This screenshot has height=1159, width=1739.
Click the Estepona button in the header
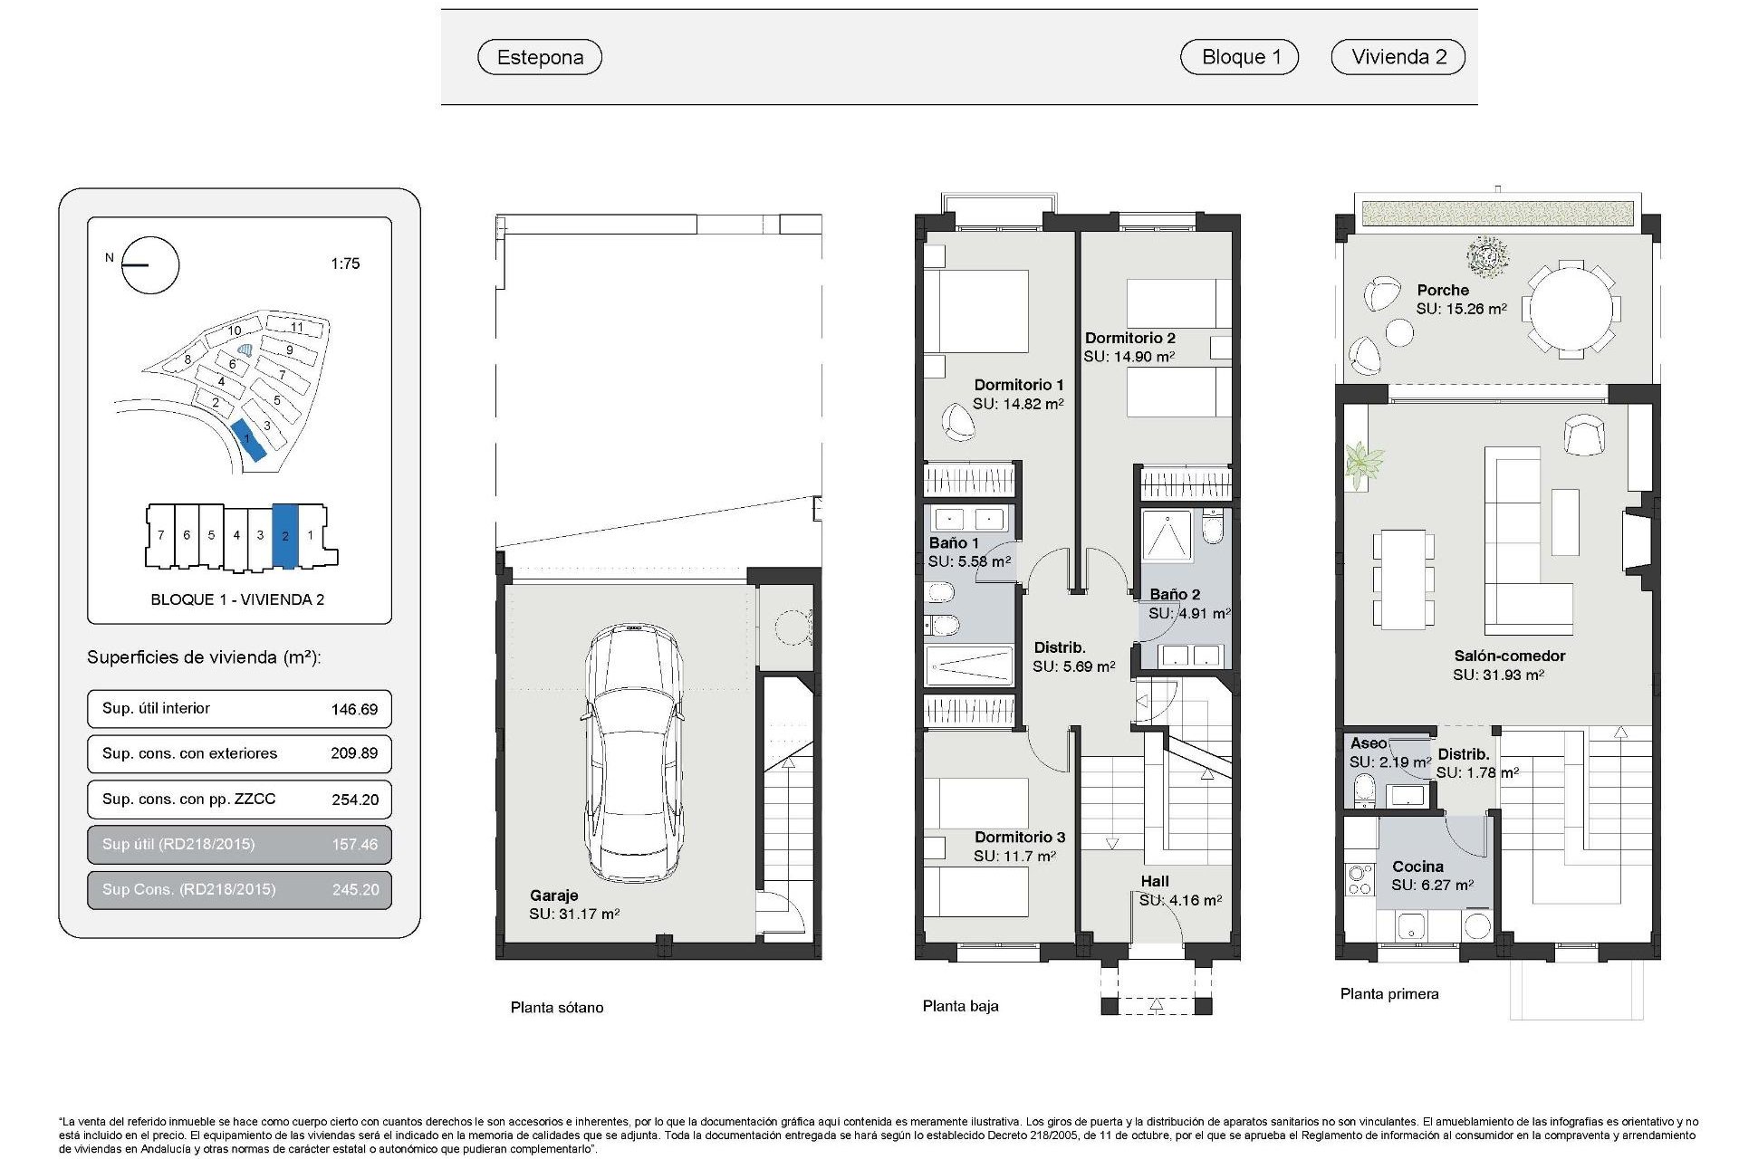[540, 57]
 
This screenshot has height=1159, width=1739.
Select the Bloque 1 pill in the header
[1239, 57]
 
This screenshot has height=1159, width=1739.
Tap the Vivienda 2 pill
[1398, 57]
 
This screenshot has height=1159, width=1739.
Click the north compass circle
[150, 265]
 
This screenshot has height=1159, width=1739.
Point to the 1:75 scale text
[345, 263]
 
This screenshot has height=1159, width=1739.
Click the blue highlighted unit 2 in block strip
[285, 535]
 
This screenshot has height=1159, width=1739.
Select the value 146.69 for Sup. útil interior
[354, 709]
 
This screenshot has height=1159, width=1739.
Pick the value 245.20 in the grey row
[355, 889]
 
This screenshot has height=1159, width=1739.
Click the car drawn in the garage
[633, 752]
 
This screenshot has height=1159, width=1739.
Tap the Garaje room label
[553, 896]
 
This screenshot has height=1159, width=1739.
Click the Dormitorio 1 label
[1018, 385]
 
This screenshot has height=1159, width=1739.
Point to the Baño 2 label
[1175, 594]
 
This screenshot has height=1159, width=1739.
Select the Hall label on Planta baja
[1154, 881]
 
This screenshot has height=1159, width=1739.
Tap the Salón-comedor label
[1509, 656]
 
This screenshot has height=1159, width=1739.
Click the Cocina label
[1417, 867]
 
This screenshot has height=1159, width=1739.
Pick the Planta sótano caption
[556, 1007]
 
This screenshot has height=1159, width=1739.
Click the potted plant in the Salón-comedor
[1362, 464]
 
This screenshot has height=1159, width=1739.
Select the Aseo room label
[1368, 743]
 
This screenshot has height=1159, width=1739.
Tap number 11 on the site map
[296, 327]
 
